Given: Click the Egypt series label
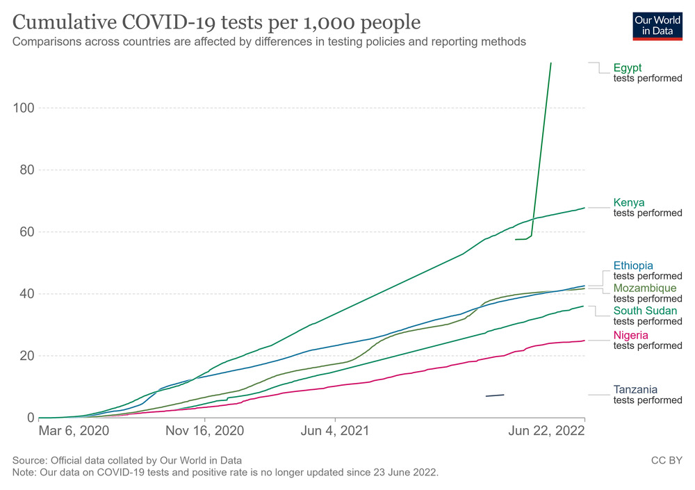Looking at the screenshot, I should point(628,67).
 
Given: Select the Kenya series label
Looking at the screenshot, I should point(629,202).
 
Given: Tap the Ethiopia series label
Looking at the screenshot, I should point(633,265).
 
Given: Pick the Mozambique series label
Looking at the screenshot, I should point(644,288).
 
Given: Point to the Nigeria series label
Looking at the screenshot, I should point(631,334).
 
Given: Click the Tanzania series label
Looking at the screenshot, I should point(635,389).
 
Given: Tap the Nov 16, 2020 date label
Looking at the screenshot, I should point(205,431).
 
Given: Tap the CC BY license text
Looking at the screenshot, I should point(667,461).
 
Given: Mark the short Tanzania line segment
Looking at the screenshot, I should point(495,395).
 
